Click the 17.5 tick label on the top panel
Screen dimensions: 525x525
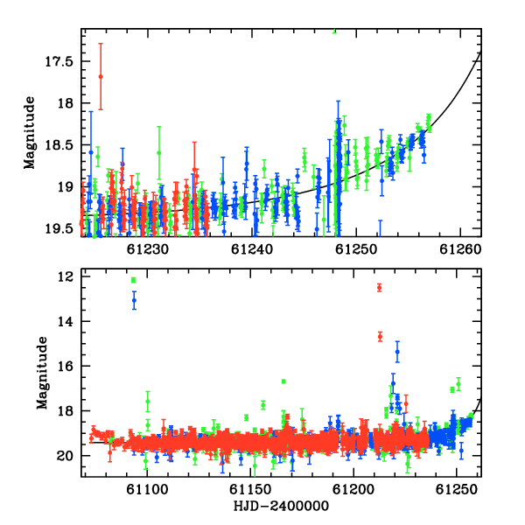click(59, 62)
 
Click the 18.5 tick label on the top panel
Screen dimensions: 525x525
click(59, 145)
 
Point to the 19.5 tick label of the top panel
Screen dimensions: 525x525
click(59, 229)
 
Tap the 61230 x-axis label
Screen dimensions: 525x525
click(148, 249)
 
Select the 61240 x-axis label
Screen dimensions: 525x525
click(252, 249)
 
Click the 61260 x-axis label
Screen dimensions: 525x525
click(460, 249)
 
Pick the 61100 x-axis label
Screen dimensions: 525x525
click(147, 490)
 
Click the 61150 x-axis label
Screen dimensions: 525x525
click(250, 490)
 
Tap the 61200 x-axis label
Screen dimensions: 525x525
click(353, 490)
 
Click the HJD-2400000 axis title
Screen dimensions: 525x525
click(281, 506)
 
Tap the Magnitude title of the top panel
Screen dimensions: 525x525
click(30, 133)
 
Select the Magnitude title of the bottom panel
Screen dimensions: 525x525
click(42, 373)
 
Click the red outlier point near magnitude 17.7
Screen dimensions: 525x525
click(101, 77)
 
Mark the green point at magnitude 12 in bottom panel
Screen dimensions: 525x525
click(134, 280)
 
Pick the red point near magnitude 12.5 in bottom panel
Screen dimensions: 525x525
click(380, 288)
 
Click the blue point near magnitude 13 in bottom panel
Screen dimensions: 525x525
click(134, 300)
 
